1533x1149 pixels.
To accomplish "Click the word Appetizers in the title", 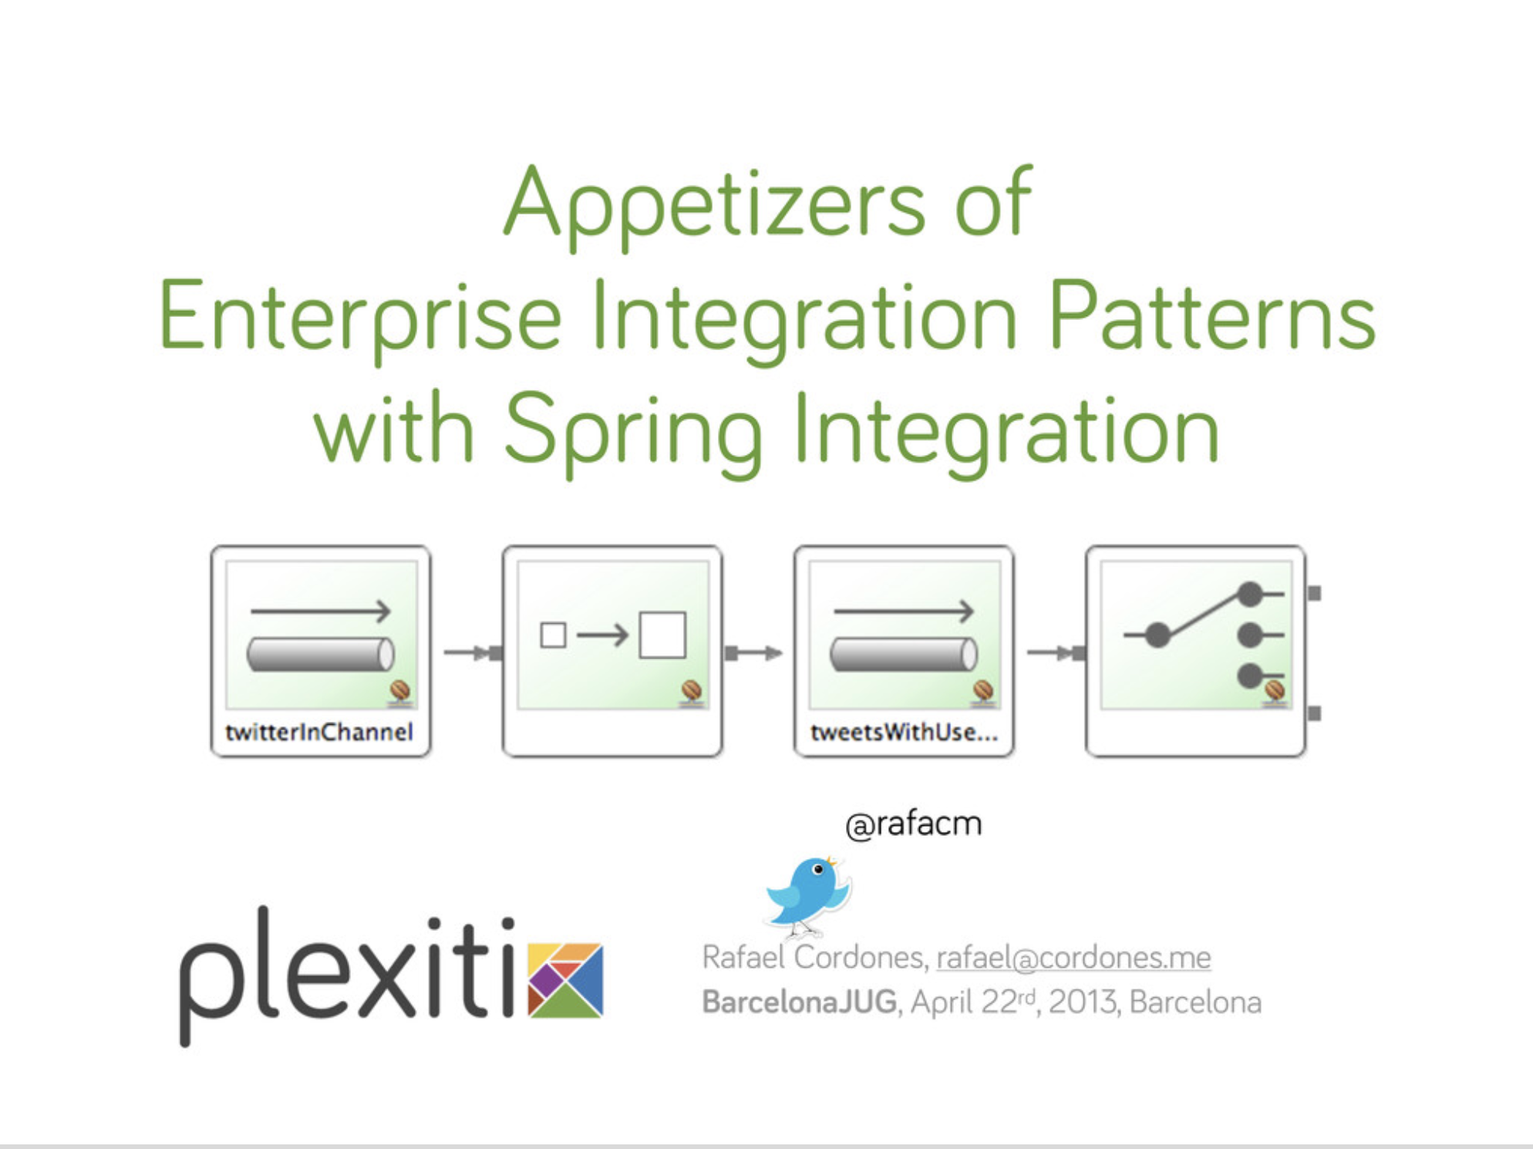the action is (x=715, y=204).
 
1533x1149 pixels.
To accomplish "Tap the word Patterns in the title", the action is (x=1212, y=317).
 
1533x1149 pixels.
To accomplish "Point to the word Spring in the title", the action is (x=633, y=432).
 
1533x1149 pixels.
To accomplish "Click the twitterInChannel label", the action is (x=319, y=732).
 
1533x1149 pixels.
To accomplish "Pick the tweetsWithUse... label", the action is (x=904, y=732).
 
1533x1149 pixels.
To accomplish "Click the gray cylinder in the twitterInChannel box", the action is (x=321, y=654).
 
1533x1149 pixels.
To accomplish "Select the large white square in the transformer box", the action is (x=662, y=635).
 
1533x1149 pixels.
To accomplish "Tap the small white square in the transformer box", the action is (x=553, y=635).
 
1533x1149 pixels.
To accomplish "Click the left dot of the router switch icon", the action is (x=1157, y=635).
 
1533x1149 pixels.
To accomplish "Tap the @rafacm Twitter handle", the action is (x=914, y=824).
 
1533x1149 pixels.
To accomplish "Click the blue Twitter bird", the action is (x=808, y=895).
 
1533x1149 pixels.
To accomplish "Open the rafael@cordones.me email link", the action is (x=1073, y=958).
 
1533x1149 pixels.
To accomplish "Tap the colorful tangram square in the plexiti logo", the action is (x=566, y=980).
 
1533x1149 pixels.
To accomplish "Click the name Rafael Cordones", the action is (x=814, y=958).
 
